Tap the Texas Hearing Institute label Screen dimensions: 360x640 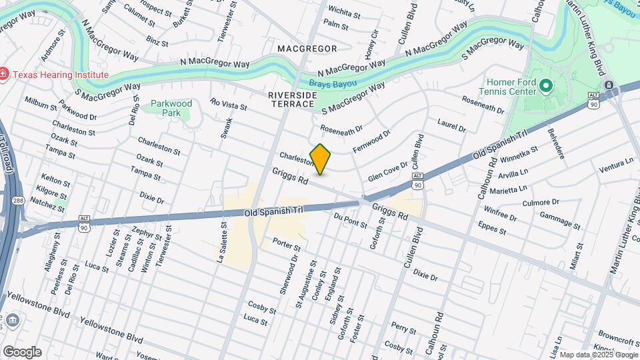click(59, 74)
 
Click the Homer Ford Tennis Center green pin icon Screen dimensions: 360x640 click(545, 85)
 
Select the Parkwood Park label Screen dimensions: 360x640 click(171, 108)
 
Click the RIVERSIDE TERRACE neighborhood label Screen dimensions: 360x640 click(292, 100)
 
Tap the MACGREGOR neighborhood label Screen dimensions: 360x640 click(307, 49)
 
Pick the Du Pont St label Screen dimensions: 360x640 click(351, 221)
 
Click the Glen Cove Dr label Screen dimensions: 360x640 click(387, 170)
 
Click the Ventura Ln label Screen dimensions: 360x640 click(616, 165)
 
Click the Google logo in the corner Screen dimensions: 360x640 click(21, 351)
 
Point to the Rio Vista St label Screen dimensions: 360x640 click(228, 105)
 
